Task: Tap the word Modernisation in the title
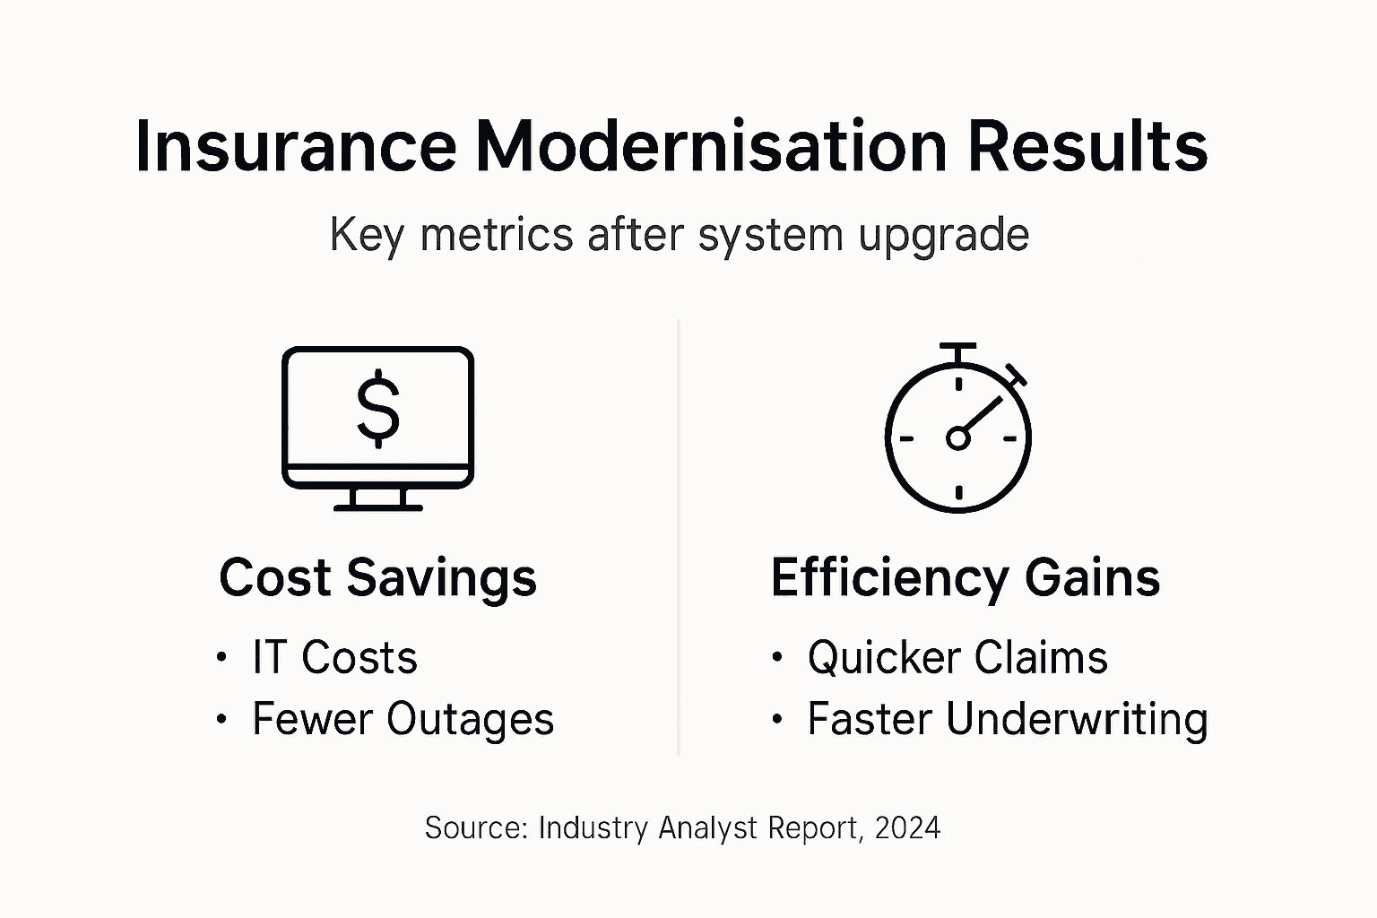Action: click(711, 146)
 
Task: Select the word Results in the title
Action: click(1087, 146)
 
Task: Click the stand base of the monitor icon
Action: click(377, 507)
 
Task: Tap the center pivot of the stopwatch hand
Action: click(957, 438)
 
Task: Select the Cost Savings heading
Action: click(377, 577)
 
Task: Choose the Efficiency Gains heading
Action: click(966, 577)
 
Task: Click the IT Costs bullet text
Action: click(334, 657)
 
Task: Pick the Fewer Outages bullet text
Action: click(403, 719)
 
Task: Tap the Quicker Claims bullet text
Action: click(957, 657)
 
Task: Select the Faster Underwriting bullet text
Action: click(1008, 719)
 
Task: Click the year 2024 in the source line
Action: click(907, 827)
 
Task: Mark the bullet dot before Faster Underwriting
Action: click(776, 720)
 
